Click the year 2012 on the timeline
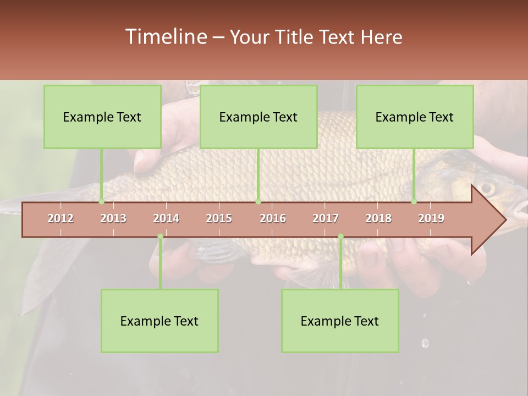pos(61,218)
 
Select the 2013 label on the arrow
pos(113,218)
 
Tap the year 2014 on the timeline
pos(166,218)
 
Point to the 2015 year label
pos(219,218)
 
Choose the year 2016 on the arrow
pos(273,218)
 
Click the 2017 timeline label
pos(326,218)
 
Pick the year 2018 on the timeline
pos(378,218)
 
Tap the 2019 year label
pos(431,218)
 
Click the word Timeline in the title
pos(166,37)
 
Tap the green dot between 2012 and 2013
pos(101,202)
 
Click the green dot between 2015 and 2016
pos(258,202)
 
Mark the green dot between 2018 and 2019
pos(414,202)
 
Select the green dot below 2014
pos(160,237)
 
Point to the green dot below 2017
pos(340,237)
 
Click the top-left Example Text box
pos(102,117)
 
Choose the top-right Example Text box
pos(415,117)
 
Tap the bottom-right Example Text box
pos(340,321)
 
